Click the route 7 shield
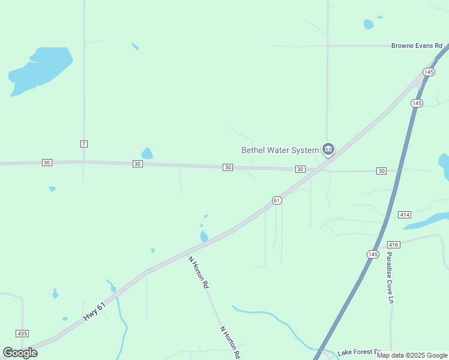click(x=83, y=143)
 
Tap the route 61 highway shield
click(x=276, y=200)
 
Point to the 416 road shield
click(x=394, y=245)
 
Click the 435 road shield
click(x=23, y=333)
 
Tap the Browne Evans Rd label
click(x=416, y=46)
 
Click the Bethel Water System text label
click(x=280, y=150)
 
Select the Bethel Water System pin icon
click(x=328, y=149)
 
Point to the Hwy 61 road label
click(x=94, y=311)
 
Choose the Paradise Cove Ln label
click(x=390, y=277)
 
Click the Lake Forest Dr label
click(x=359, y=352)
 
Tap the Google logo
click(x=20, y=353)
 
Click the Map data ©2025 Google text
click(x=412, y=355)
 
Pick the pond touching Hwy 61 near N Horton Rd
click(x=204, y=236)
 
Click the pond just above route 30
click(x=147, y=154)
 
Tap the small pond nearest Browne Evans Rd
click(x=368, y=25)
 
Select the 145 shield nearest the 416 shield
click(x=373, y=254)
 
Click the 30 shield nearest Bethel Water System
click(x=300, y=169)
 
